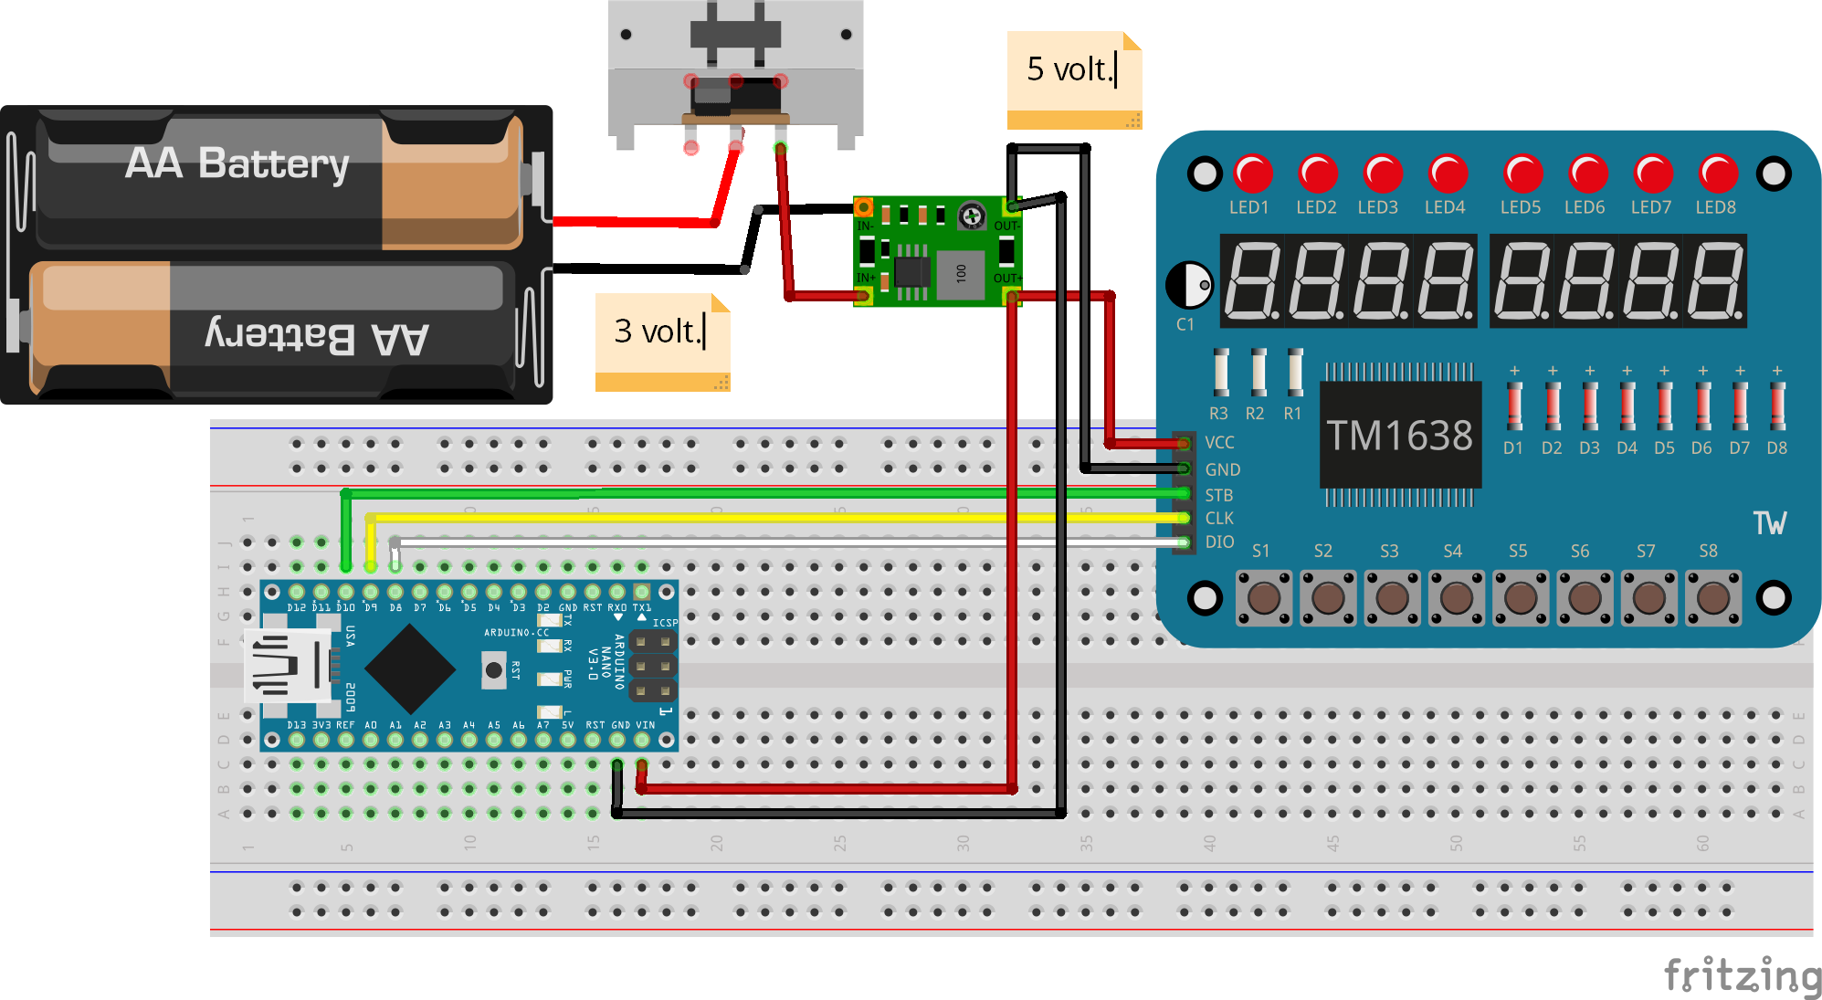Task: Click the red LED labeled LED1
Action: (x=1253, y=174)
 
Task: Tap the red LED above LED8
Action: (x=1718, y=174)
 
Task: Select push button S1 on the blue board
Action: (x=1264, y=599)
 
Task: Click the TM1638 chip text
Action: (x=1399, y=436)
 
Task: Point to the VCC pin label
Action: (x=1219, y=443)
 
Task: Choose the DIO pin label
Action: (x=1219, y=542)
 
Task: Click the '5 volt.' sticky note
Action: (x=1073, y=78)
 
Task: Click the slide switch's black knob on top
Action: (x=735, y=27)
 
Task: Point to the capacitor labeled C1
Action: (x=1190, y=285)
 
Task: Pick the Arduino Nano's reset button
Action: (x=493, y=670)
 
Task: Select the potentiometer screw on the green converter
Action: (x=972, y=217)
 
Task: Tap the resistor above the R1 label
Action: (x=1295, y=372)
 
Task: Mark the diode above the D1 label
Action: (x=1514, y=405)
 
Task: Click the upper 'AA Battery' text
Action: (x=237, y=164)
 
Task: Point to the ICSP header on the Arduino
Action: (x=653, y=667)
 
